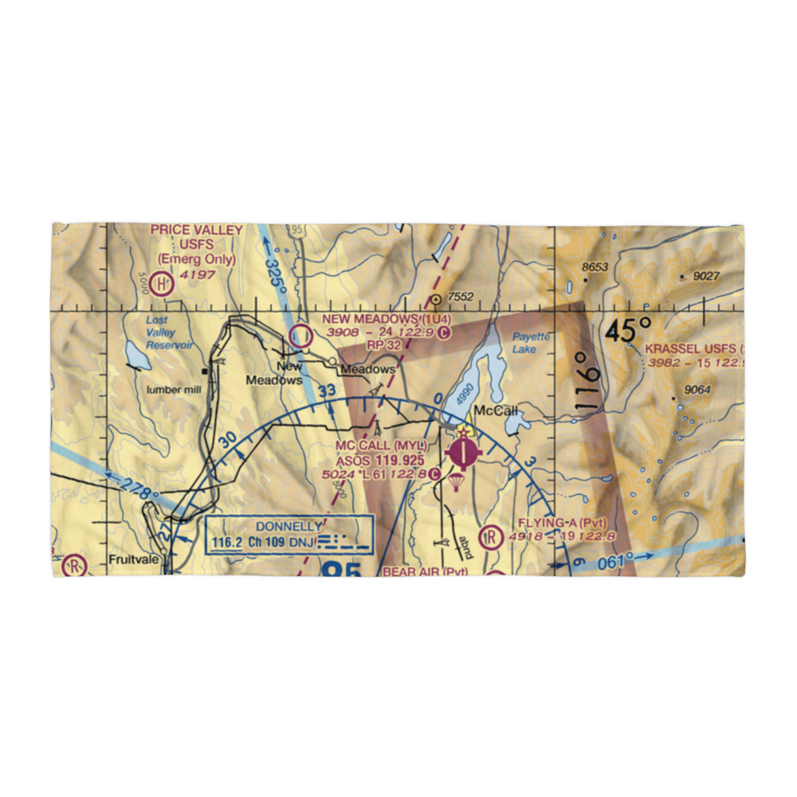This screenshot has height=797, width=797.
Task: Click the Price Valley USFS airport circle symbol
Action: (x=163, y=283)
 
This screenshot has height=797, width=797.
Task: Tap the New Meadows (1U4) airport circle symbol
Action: (x=300, y=336)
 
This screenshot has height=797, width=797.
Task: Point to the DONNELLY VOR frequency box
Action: (x=289, y=536)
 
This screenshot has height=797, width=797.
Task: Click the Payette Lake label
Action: (x=530, y=343)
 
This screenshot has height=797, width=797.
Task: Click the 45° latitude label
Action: (x=626, y=329)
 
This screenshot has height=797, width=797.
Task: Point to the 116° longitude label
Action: (x=586, y=381)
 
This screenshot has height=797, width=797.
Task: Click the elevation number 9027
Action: (x=706, y=277)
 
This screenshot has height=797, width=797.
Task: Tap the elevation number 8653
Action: (x=595, y=268)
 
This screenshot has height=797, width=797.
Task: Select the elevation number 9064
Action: (x=697, y=390)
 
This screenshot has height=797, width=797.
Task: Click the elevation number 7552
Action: (x=461, y=297)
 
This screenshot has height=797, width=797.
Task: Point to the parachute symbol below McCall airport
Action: (x=456, y=482)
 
